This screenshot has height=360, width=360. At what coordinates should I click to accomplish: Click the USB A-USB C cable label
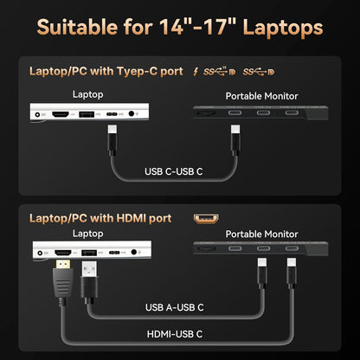click(x=174, y=306)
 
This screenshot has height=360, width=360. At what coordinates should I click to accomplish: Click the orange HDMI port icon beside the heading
click(x=205, y=220)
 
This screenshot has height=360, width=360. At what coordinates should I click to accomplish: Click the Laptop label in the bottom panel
click(x=87, y=234)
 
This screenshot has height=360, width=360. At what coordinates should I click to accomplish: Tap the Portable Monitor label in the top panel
click(x=260, y=95)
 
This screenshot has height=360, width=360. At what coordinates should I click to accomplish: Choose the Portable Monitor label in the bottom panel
click(x=260, y=235)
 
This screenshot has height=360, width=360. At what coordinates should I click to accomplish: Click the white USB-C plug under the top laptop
click(x=112, y=133)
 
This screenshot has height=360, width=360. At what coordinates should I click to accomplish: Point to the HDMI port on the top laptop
click(x=61, y=112)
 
